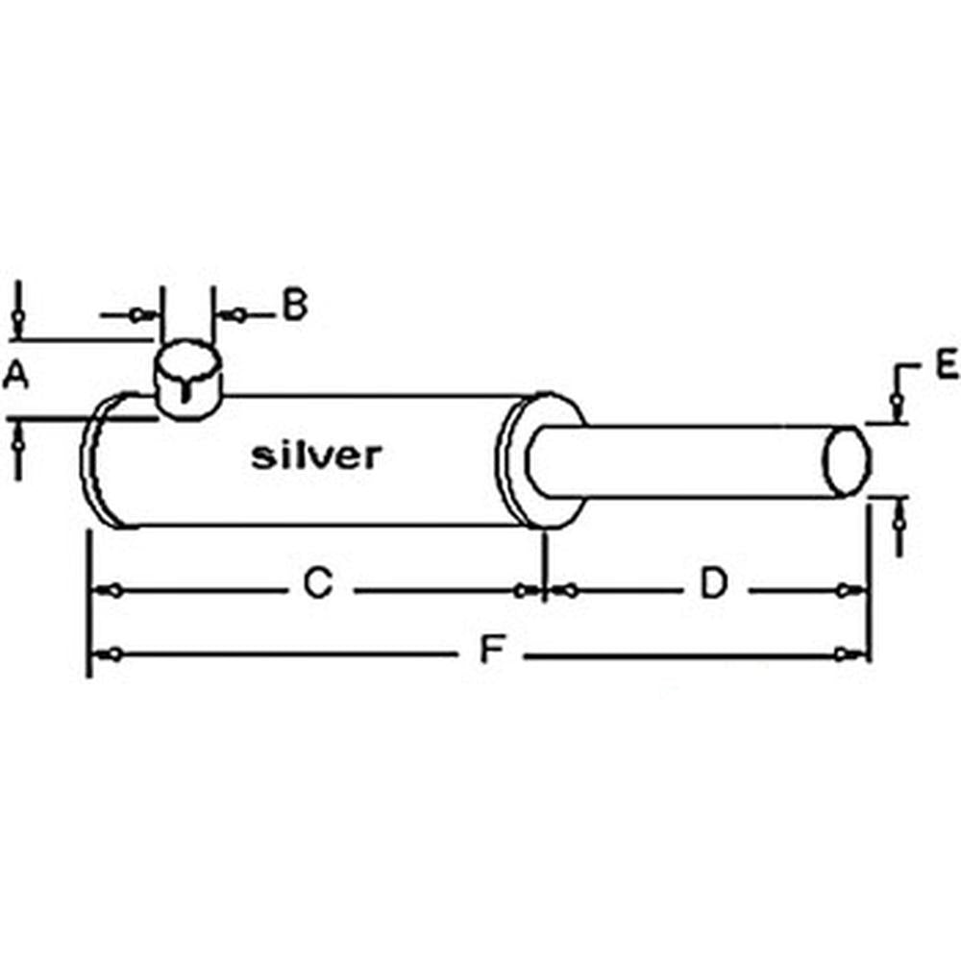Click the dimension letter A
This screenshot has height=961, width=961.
(14, 376)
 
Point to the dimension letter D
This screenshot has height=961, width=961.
(713, 583)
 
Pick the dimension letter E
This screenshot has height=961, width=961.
(946, 364)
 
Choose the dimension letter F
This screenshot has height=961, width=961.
(492, 653)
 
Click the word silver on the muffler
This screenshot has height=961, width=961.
(316, 456)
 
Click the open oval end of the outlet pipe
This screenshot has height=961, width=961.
(848, 461)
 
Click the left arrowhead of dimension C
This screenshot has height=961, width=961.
(112, 591)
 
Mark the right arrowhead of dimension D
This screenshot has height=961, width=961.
(845, 591)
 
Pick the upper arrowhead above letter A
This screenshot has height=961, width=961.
(17, 317)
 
